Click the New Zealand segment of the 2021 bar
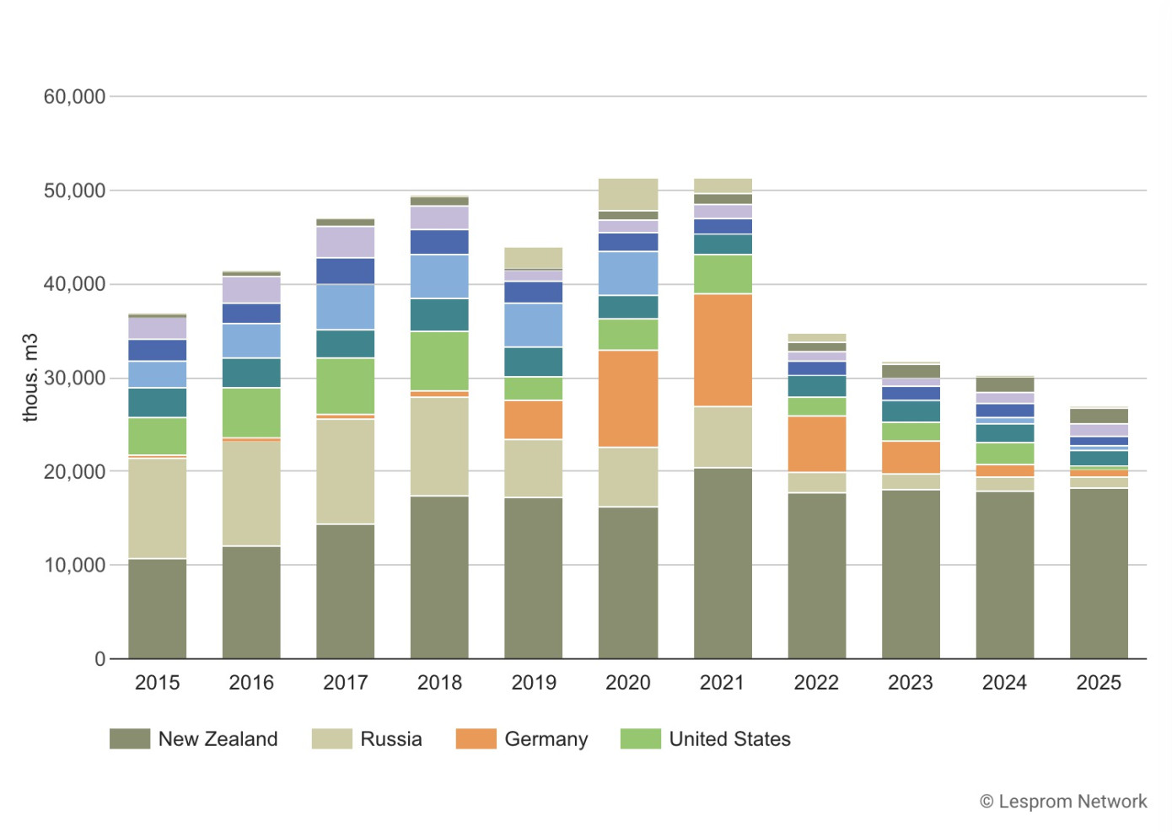coord(723,562)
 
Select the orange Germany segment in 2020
coord(628,398)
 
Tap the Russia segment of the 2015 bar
coord(158,507)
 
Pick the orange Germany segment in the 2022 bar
coord(816,443)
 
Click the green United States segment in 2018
coord(439,361)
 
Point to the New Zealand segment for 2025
coord(1099,573)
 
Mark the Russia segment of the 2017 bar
coord(346,471)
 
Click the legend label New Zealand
coord(218,739)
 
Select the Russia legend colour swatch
coord(331,739)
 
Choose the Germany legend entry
coord(546,739)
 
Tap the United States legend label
coord(729,739)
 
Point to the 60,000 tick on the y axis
coord(74,97)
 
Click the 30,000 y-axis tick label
coord(74,378)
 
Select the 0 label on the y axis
coord(99,659)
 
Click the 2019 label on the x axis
coord(534,683)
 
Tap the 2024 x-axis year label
coord(1004,683)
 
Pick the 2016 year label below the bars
coord(251,683)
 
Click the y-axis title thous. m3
coord(31,378)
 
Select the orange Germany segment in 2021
coord(723,350)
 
